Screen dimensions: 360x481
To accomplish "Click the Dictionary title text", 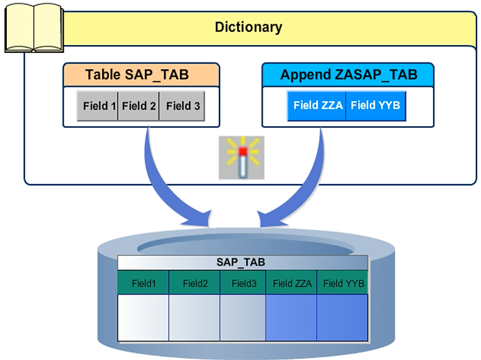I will coord(248,27).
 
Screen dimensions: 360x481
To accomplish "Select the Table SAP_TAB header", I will coord(141,75).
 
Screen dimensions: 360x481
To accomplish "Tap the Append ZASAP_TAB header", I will coord(347,75).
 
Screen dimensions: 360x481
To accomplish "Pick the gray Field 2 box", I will coord(138,106).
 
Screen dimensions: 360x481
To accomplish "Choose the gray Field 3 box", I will coord(183,106).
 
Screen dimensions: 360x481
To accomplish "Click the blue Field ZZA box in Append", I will coord(317,105).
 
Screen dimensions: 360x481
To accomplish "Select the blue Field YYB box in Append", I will coord(376,105).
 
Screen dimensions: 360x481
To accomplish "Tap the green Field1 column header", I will coord(143,283).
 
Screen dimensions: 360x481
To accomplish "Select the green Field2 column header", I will coord(195,283).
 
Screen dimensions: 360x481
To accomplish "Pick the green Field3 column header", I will coord(243,283).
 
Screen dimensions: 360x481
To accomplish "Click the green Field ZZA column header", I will coord(292,283).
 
